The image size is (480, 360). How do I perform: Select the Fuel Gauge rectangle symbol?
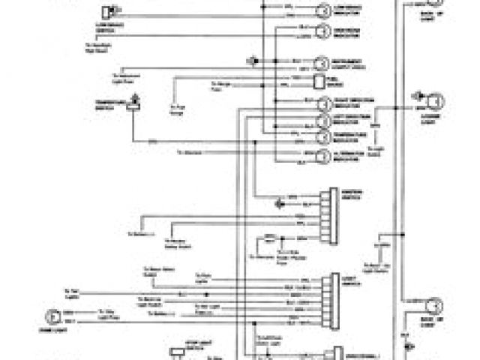319,81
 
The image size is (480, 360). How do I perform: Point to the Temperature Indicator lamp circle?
322,138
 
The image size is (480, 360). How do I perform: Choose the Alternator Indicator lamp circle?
322,156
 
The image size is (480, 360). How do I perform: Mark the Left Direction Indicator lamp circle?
322,121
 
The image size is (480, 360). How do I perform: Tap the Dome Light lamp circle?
51,316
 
